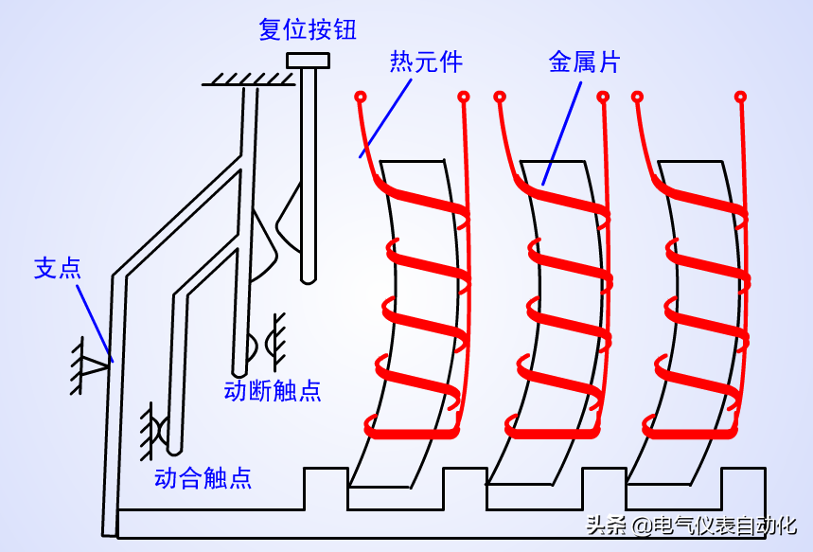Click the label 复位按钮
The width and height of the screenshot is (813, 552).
[308, 29]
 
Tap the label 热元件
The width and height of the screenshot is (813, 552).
[426, 62]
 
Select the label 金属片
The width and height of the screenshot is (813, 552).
[584, 62]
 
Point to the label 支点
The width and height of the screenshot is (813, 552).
[58, 268]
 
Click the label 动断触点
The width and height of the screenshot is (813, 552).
[273, 390]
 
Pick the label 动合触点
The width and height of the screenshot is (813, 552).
[203, 477]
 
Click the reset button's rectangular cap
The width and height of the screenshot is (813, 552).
[308, 62]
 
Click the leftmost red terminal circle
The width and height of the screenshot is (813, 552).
[360, 96]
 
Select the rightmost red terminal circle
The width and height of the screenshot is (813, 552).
[741, 96]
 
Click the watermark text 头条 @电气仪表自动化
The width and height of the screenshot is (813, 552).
[691, 526]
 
